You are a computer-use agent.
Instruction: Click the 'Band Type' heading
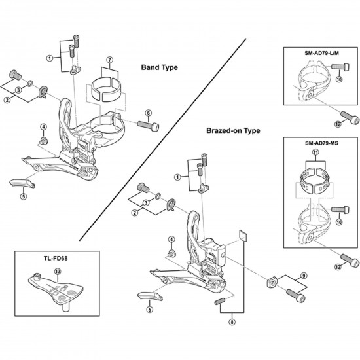pyautogui.click(x=160, y=67)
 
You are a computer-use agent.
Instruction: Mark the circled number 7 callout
pyautogui.click(x=110, y=61)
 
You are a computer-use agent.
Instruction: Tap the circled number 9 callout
pyautogui.click(x=304, y=275)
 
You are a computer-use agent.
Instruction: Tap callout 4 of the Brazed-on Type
pyautogui.click(x=171, y=239)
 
